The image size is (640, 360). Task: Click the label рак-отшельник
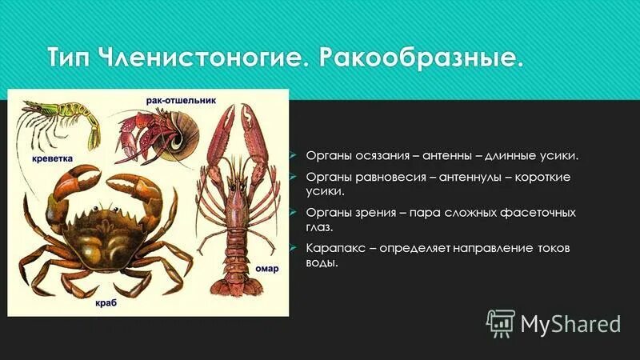tap(180, 101)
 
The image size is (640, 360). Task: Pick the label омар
tap(266, 269)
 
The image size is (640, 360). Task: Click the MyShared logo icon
tap(500, 322)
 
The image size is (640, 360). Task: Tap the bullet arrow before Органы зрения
tap(294, 214)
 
